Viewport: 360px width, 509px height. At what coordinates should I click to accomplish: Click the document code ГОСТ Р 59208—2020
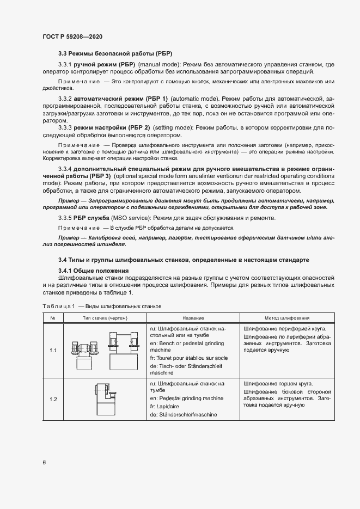coord(72,36)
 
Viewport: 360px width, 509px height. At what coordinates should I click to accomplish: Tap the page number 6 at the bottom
coord(44,462)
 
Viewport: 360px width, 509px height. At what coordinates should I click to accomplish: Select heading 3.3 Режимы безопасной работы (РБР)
coord(115,53)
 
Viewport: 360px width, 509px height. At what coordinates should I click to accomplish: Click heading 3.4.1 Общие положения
coord(93,271)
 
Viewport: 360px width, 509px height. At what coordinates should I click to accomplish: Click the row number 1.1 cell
coord(53,350)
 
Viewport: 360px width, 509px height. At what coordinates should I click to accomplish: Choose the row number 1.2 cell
coord(53,400)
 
